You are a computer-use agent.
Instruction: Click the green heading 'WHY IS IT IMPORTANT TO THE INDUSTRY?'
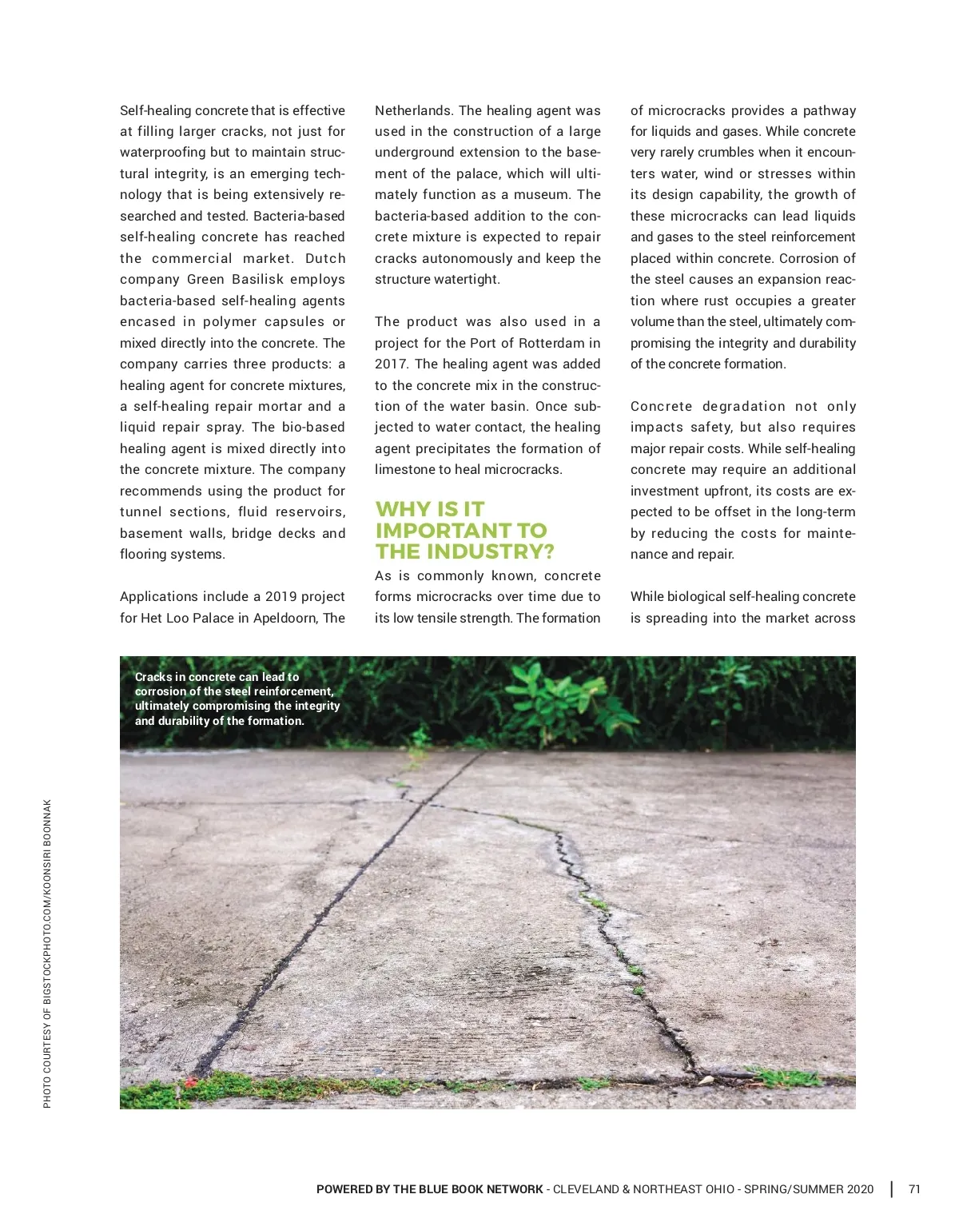click(464, 531)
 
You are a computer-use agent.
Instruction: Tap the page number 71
click(914, 1189)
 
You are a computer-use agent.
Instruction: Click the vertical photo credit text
click(47, 953)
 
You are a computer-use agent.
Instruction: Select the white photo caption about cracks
click(237, 699)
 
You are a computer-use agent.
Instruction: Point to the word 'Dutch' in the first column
click(325, 258)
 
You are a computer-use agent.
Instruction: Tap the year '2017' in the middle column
click(391, 364)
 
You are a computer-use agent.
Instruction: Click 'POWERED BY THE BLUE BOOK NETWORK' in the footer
click(429, 1189)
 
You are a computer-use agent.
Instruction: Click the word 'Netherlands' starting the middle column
click(413, 110)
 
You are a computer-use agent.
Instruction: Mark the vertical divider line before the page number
click(892, 1189)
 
